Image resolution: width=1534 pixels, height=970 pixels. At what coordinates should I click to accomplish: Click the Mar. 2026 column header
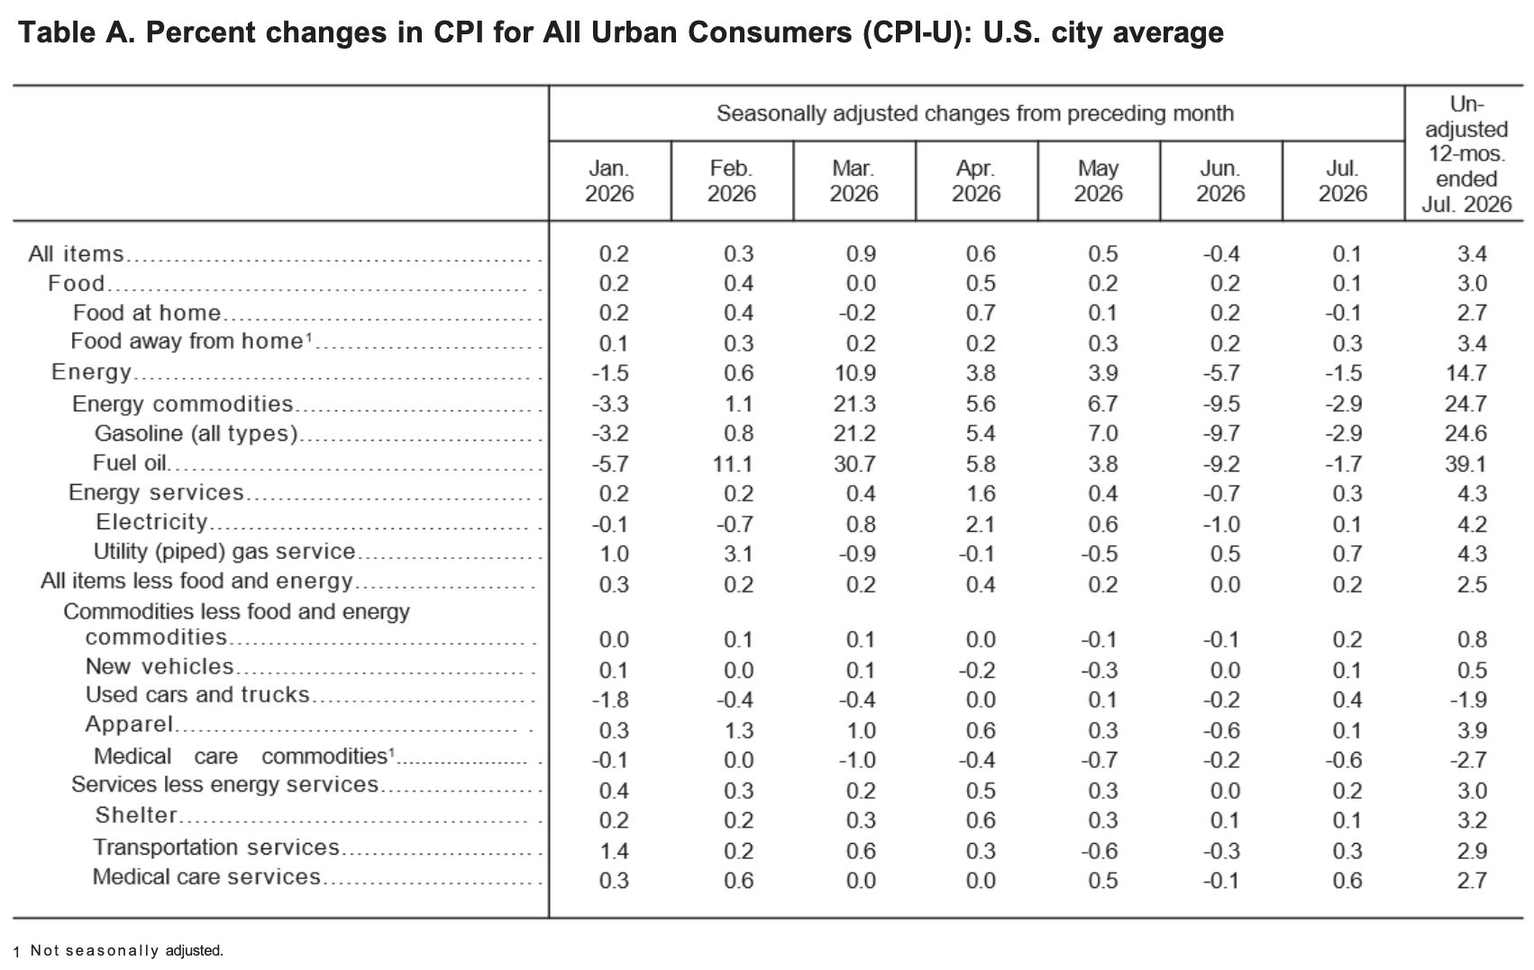(x=854, y=181)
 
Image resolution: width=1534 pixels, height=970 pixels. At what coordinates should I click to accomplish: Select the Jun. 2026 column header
(x=1220, y=181)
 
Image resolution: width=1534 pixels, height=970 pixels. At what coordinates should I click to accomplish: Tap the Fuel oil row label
(x=130, y=463)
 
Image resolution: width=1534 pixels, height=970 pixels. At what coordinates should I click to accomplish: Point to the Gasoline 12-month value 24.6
(x=1466, y=433)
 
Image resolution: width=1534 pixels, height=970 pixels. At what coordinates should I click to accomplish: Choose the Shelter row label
(x=136, y=815)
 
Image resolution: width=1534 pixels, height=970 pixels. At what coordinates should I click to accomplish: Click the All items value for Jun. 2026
(x=1222, y=254)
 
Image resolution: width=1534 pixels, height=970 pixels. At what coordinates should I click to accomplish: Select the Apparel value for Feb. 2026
(x=739, y=730)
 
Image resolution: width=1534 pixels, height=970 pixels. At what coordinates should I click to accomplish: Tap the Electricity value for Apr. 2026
(x=980, y=524)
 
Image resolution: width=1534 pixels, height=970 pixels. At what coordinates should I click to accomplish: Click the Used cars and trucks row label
(x=197, y=695)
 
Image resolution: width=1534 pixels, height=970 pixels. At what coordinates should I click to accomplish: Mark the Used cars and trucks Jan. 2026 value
(x=610, y=700)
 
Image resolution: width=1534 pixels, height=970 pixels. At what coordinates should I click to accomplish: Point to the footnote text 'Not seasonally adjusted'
(x=127, y=950)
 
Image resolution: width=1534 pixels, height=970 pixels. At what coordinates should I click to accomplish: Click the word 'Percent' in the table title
(x=198, y=32)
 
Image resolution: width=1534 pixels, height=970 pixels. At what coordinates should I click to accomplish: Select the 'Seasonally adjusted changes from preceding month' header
(x=975, y=114)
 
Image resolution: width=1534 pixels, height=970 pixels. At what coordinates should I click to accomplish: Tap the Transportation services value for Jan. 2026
(x=614, y=851)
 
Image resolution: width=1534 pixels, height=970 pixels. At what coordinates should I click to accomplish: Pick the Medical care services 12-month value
(x=1472, y=880)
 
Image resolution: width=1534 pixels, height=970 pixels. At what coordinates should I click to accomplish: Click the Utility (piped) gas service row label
(x=224, y=552)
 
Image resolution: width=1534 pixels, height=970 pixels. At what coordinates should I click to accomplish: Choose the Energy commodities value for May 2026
(x=1102, y=404)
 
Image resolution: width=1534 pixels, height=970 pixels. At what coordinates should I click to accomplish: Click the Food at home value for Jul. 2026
(x=1344, y=313)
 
